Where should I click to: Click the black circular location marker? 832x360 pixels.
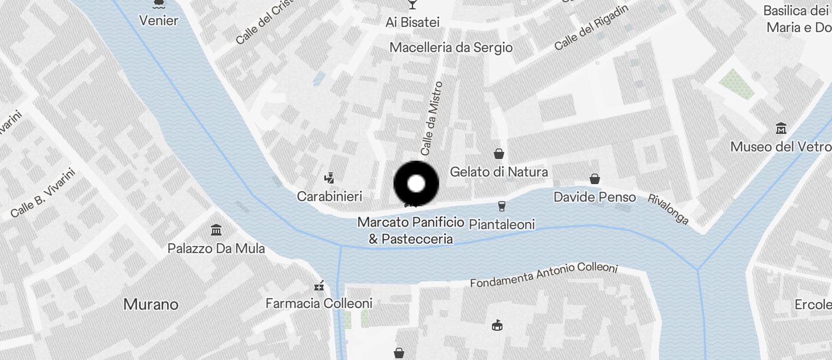(x=416, y=184)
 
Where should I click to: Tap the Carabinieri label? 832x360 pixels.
(x=330, y=196)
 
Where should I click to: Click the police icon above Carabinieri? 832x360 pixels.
(x=330, y=176)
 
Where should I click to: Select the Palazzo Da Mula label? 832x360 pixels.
(x=216, y=248)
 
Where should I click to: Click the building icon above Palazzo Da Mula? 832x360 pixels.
(x=216, y=229)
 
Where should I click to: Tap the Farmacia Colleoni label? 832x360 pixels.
(x=319, y=303)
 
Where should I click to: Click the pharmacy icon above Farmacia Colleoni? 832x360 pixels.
(x=319, y=286)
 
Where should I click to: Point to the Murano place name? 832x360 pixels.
(x=151, y=304)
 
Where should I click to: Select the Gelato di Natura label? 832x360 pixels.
(x=499, y=172)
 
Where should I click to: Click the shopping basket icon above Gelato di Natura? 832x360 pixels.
(x=499, y=154)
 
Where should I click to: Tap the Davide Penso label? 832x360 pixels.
(x=595, y=197)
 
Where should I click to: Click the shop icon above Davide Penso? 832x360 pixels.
(x=595, y=179)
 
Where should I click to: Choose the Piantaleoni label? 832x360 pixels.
(x=502, y=224)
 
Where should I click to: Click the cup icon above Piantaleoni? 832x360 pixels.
(x=501, y=206)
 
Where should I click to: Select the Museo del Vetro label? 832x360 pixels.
(x=781, y=147)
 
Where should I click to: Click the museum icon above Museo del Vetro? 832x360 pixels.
(x=781, y=128)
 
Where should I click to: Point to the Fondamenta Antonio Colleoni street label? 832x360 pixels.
(x=544, y=275)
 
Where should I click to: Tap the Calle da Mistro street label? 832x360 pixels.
(x=432, y=119)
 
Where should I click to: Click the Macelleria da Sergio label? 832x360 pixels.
(x=451, y=47)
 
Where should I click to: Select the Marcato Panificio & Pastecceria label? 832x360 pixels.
(x=411, y=230)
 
